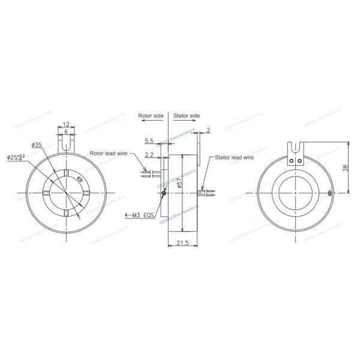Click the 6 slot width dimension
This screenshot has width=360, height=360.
[x=65, y=132]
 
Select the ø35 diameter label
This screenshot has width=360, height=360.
[x=36, y=145]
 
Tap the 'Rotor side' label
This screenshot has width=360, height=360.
[x=151, y=115]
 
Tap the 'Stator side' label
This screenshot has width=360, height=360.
[x=187, y=115]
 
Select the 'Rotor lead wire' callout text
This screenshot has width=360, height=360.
[x=109, y=153]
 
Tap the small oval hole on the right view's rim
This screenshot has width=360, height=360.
[x=331, y=193]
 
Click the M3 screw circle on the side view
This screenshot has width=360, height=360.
[x=165, y=193]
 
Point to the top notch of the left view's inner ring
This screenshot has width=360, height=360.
[x=65, y=173]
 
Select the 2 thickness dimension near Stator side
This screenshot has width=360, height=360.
[x=208, y=130]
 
